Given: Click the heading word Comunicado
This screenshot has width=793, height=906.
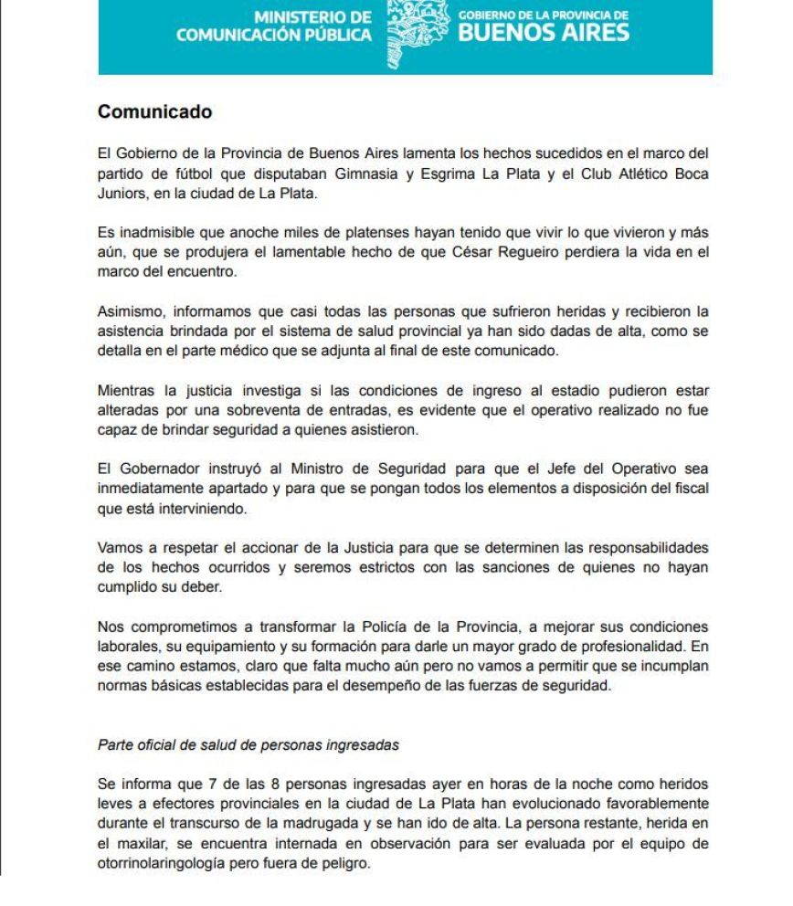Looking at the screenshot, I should click(x=154, y=112).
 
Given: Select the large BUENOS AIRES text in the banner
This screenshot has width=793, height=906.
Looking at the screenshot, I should click(x=544, y=34).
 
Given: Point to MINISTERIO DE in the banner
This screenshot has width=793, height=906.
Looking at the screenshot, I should click(x=312, y=17).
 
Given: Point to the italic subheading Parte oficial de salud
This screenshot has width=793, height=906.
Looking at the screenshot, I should click(x=248, y=743).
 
